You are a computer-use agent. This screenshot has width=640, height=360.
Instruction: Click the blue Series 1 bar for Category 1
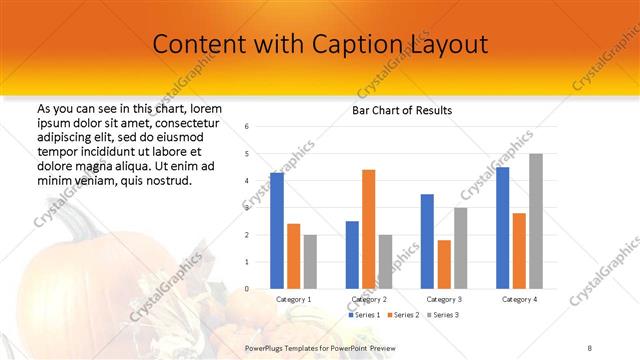click(277, 231)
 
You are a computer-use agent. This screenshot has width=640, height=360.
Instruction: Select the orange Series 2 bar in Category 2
click(368, 229)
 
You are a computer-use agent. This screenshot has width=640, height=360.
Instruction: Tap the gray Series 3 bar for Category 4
click(535, 221)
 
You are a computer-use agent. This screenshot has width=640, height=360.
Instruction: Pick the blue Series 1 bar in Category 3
click(427, 241)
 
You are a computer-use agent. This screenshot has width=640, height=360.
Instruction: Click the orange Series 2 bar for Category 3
click(444, 264)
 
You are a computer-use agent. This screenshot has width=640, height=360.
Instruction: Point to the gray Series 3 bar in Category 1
click(310, 262)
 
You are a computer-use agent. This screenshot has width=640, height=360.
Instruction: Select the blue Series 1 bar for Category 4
click(502, 228)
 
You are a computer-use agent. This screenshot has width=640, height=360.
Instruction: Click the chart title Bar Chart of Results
click(402, 110)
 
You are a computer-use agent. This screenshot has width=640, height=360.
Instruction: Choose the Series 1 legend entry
click(363, 315)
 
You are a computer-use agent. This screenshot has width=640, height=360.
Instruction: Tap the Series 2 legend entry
click(402, 315)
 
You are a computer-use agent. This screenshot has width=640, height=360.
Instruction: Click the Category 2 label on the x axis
click(369, 299)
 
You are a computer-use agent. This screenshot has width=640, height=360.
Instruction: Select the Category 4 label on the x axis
click(518, 299)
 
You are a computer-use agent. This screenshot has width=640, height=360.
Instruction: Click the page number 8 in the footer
click(589, 347)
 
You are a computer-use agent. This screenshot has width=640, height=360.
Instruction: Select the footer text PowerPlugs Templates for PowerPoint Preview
click(320, 347)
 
